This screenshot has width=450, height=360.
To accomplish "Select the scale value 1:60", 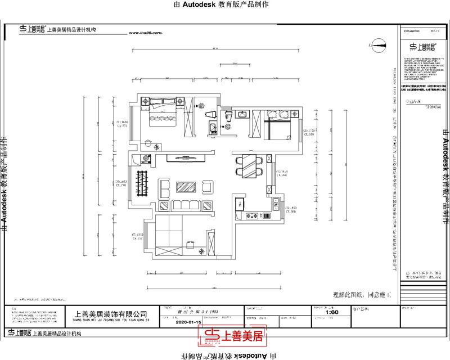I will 332,312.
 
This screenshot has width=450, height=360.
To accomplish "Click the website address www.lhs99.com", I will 145,33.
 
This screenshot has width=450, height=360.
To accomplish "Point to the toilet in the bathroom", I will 229,116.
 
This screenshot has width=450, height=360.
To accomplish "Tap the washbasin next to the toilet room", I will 242,115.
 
